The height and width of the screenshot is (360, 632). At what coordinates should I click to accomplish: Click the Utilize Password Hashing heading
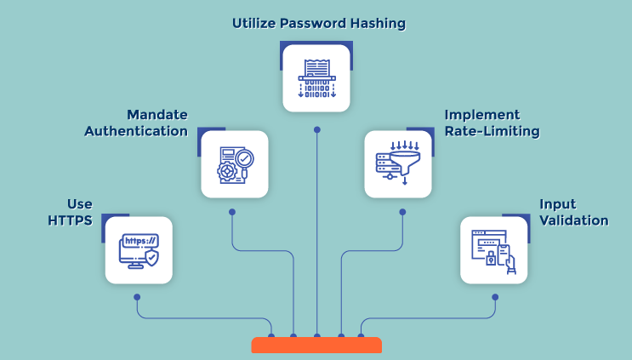[x=318, y=23]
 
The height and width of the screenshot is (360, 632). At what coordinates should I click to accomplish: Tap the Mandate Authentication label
[x=157, y=123]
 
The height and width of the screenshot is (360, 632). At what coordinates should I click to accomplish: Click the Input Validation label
[x=574, y=213]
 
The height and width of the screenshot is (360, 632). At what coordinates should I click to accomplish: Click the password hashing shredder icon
[x=316, y=78]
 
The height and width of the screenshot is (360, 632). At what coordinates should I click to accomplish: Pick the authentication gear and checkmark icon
[x=235, y=164]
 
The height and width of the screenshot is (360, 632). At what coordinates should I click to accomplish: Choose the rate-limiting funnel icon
[x=398, y=164]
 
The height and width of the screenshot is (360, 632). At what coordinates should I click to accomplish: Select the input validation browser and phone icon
[x=494, y=250]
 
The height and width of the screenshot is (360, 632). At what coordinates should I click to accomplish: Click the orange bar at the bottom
[x=316, y=345]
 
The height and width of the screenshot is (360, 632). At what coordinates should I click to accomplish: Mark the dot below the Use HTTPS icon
[x=137, y=297]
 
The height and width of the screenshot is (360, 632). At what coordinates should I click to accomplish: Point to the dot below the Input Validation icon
[x=496, y=297]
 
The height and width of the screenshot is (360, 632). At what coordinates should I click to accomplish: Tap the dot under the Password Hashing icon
[x=317, y=130]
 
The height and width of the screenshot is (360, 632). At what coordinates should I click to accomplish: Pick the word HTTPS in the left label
[x=71, y=220]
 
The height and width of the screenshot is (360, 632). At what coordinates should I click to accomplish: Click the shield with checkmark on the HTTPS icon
[x=151, y=257]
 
